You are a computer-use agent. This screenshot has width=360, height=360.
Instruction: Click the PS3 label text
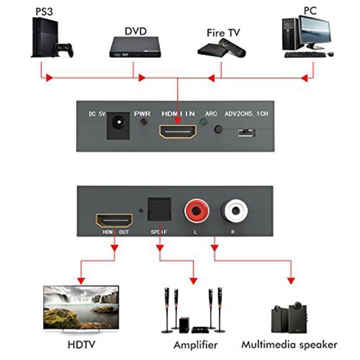coord(43,11)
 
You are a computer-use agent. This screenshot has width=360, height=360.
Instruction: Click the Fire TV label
coord(223,33)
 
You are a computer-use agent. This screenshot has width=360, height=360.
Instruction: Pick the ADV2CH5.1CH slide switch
coord(246,133)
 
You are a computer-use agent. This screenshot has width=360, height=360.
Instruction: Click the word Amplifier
coord(195,345)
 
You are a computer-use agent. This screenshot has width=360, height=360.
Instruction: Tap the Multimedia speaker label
coord(289,345)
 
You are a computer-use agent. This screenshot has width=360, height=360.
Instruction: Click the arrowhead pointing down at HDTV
coord(81,280)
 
